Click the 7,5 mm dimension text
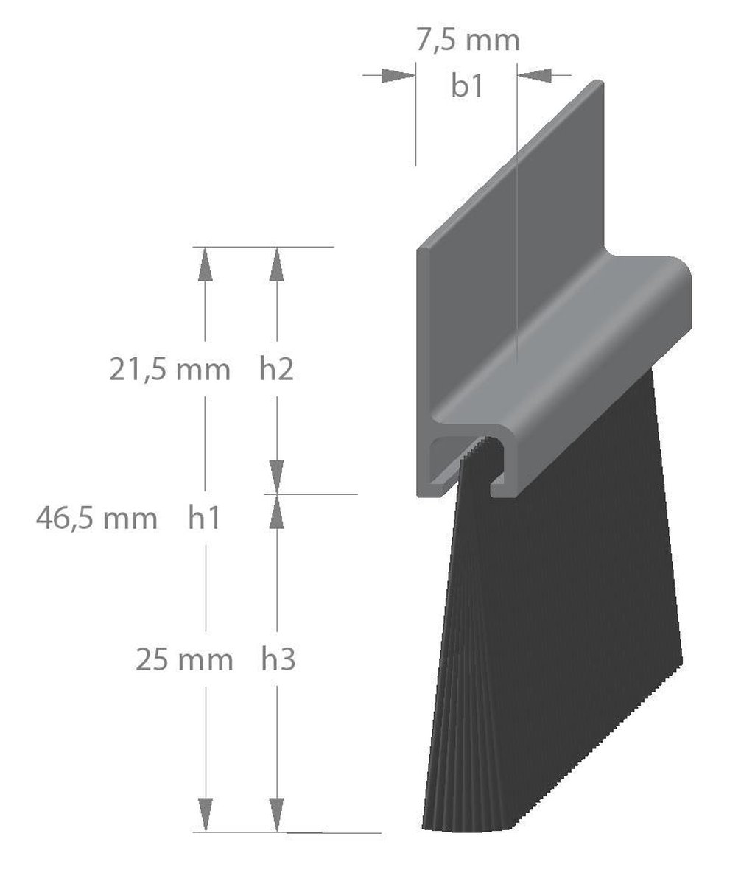[468, 40]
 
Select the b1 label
[467, 86]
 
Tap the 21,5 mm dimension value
[170, 369]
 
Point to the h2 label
[276, 369]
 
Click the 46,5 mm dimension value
[96, 519]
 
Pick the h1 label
[204, 519]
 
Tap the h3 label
[278, 660]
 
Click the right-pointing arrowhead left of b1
[398, 74]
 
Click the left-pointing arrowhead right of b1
[535, 74]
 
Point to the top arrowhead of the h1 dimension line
[205, 264]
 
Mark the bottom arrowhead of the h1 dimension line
[205, 815]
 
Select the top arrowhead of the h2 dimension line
[276, 264]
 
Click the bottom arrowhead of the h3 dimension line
[276, 815]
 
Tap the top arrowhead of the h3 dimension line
[276, 512]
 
